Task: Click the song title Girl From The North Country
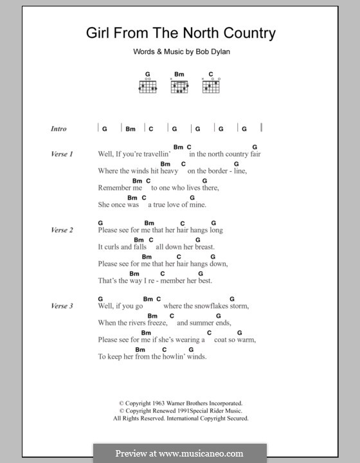pos(181,33)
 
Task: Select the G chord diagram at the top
pos(147,84)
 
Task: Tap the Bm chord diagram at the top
pos(179,84)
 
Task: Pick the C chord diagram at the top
pos(212,84)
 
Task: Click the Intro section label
pos(59,129)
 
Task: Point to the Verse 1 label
pos(62,154)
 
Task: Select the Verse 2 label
pos(62,230)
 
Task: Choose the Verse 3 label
pos(62,305)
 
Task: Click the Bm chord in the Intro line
pos(130,129)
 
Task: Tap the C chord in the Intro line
pos(151,129)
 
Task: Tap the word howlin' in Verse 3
pos(175,356)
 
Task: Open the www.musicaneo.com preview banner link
pos(179,453)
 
